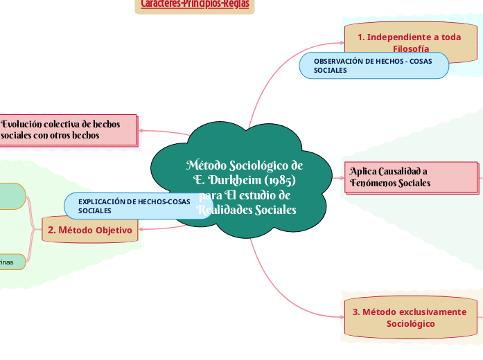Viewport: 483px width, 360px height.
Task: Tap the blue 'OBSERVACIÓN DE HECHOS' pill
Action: tap(374, 66)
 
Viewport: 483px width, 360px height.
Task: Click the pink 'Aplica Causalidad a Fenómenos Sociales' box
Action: tap(410, 177)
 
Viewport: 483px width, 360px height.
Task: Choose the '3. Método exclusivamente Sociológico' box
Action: tap(410, 318)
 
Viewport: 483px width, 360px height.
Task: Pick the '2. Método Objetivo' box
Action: tap(90, 230)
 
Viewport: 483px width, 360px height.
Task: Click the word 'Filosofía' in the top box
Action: tap(410, 48)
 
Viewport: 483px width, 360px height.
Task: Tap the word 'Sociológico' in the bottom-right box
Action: tap(410, 324)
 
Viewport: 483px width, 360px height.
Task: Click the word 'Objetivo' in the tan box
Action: tap(112, 230)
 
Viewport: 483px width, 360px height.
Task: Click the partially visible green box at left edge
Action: tap(11, 196)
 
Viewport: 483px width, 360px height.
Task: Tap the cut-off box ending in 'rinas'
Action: tap(11, 262)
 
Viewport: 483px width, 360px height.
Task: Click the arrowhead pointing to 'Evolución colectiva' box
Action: tap(142, 129)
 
